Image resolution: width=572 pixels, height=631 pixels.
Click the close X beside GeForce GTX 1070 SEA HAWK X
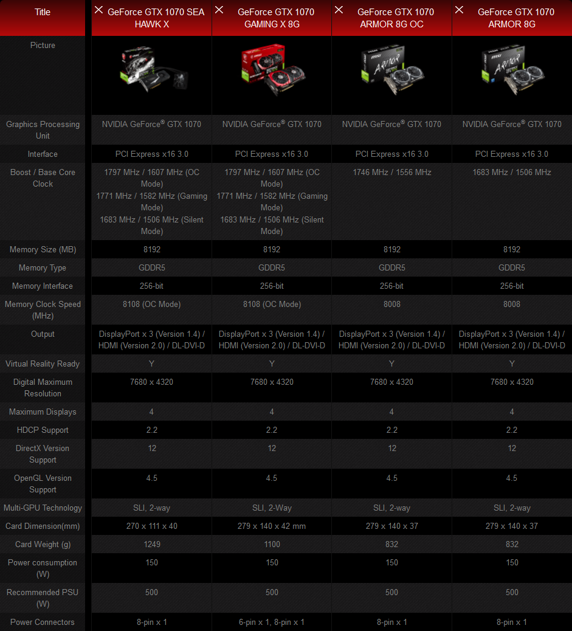[x=99, y=10]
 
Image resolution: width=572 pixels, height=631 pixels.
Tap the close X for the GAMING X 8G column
[x=219, y=10]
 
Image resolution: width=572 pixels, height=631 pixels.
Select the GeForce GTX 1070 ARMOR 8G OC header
[x=396, y=18]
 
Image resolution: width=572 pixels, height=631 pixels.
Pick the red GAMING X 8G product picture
[x=272, y=70]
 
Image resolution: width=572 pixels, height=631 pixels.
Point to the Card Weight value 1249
[x=152, y=544]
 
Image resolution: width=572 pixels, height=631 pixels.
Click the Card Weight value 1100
[x=272, y=544]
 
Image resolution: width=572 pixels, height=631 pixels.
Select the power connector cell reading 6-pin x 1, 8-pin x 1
[x=272, y=622]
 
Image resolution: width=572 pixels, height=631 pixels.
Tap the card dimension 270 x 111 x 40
[x=152, y=526]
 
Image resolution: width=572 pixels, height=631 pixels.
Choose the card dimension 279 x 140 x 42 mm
[x=272, y=526]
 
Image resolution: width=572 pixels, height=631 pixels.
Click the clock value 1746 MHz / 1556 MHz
[x=392, y=172]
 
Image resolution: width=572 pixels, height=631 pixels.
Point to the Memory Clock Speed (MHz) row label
[x=43, y=310]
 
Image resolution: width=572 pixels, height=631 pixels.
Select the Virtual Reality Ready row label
[x=43, y=364]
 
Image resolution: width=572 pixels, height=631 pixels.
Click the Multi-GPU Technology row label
[x=43, y=508]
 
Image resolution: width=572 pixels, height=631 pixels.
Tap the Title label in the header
[x=43, y=12]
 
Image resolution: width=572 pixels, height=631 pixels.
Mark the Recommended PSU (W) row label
[x=43, y=598]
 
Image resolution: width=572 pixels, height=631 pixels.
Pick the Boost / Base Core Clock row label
[x=43, y=178]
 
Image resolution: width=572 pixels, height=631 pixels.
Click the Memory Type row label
[x=43, y=267]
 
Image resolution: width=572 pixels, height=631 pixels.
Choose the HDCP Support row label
[x=43, y=430]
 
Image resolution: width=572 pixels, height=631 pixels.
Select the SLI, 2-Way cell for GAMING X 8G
[x=272, y=508]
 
